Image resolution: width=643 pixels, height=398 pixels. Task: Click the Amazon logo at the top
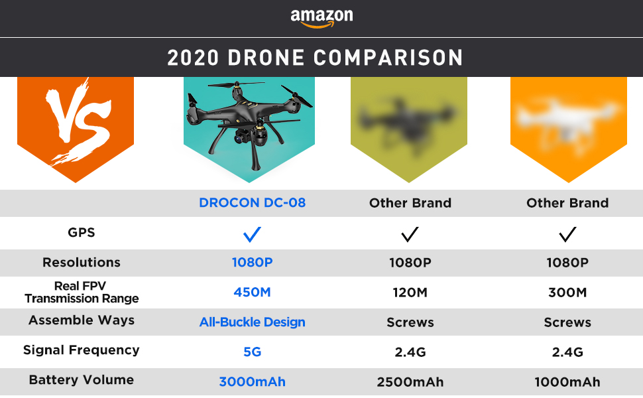click(x=321, y=17)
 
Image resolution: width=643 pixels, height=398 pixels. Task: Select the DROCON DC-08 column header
click(x=253, y=203)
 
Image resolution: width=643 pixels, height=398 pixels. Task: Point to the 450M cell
click(x=253, y=293)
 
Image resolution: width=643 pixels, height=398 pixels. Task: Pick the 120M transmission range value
click(x=410, y=293)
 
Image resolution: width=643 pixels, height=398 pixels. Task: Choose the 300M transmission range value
click(x=567, y=293)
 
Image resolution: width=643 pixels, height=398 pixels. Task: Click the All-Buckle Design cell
click(x=253, y=322)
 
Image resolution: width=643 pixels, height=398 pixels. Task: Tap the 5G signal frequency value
click(x=253, y=352)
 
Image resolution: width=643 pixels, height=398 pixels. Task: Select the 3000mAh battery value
click(x=253, y=382)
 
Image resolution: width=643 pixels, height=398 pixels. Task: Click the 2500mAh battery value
click(x=410, y=382)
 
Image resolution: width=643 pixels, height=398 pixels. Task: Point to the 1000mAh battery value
click(x=567, y=382)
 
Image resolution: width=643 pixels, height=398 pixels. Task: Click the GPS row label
click(x=82, y=233)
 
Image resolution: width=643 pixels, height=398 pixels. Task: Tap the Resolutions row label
click(x=82, y=263)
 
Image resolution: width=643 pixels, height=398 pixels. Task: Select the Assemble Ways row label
click(x=82, y=320)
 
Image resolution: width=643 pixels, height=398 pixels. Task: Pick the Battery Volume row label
click(x=82, y=380)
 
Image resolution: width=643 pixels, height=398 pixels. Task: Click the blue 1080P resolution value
click(x=253, y=263)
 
